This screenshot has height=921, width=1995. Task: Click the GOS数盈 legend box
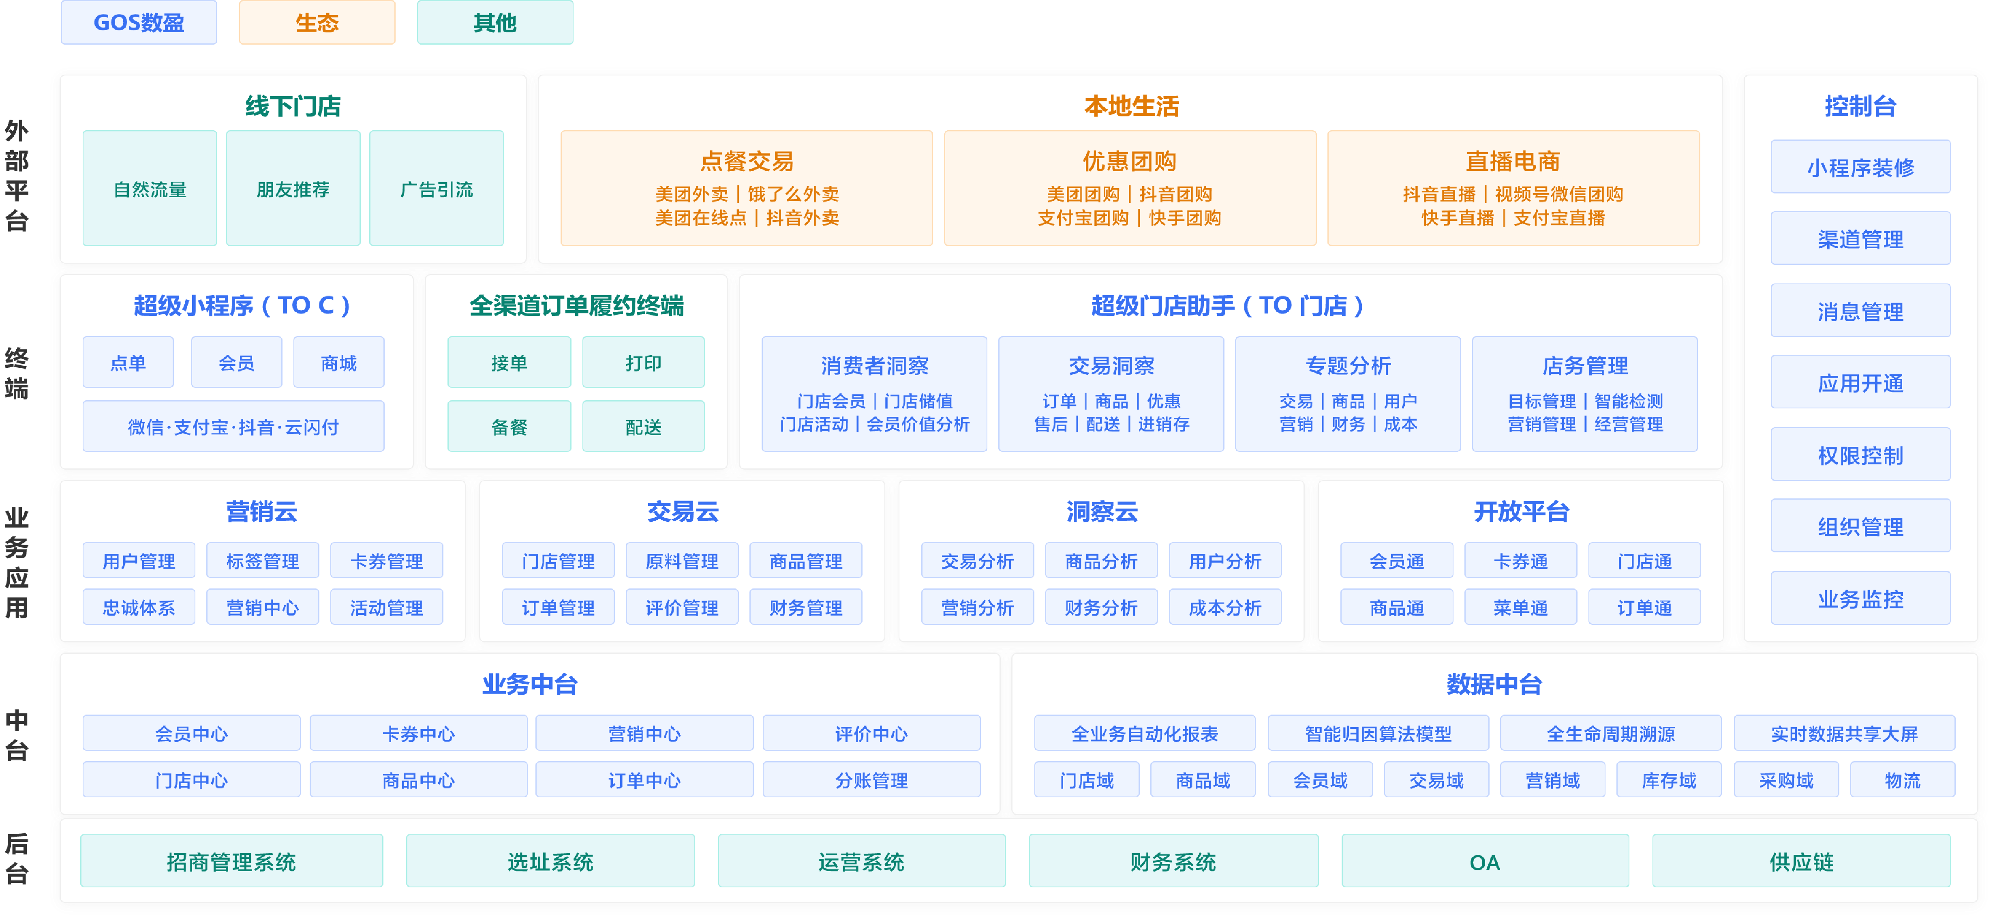139,22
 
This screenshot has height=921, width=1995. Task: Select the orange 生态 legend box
317,22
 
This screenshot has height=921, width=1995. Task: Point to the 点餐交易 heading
747,161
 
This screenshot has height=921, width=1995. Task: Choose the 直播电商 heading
1513,161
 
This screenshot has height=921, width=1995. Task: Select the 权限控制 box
1860,455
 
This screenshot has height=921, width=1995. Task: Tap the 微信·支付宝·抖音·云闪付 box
233,426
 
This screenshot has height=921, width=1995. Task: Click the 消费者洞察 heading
874,366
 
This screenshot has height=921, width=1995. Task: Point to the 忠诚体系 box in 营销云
139,607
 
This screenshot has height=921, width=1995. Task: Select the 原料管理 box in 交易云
681,561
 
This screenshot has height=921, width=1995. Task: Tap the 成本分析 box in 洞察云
1225,607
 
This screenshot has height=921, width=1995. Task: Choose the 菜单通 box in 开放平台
1520,607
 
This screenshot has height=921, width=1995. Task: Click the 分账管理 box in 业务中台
871,780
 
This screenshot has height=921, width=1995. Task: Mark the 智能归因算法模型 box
1378,734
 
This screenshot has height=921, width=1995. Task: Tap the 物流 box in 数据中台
1902,780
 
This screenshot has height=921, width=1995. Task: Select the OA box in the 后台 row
1485,861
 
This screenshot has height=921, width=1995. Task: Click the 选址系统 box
550,861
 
